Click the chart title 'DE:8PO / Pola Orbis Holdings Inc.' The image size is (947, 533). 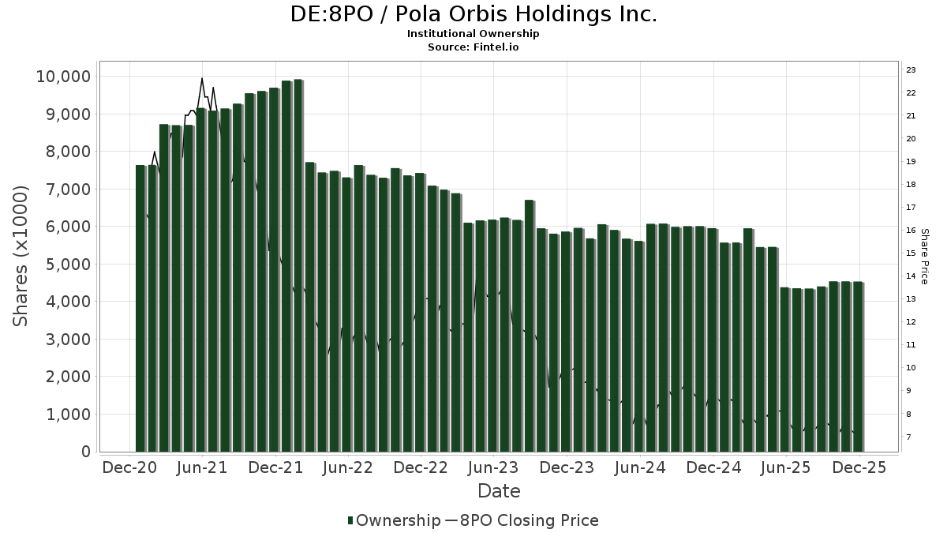[x=473, y=14]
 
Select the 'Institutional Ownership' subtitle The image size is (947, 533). [x=473, y=34]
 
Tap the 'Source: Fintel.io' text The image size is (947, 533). [x=473, y=47]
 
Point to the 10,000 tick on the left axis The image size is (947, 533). [x=63, y=77]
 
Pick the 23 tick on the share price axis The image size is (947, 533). [x=910, y=70]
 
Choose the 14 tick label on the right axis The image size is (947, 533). [x=910, y=276]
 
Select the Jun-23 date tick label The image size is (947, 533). [x=493, y=468]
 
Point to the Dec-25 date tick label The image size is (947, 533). [x=859, y=468]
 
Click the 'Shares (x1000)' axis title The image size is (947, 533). [x=21, y=256]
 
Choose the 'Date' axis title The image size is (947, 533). [x=499, y=491]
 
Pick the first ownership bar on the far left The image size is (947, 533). [x=140, y=308]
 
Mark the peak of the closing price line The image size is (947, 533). [x=202, y=78]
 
